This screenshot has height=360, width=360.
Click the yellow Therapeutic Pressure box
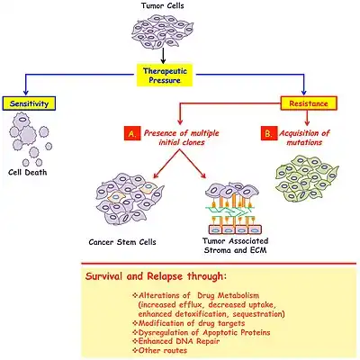[164, 76]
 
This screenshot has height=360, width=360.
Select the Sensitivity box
[29, 103]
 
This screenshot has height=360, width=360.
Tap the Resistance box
[309, 103]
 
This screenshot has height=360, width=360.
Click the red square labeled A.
[132, 134]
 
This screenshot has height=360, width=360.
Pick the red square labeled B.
[268, 134]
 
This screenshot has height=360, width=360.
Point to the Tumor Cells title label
[163, 5]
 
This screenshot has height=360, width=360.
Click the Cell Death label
[28, 173]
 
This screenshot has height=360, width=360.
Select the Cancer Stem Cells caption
[122, 242]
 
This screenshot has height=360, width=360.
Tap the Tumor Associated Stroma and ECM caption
[236, 246]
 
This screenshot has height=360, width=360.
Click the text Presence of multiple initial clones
[182, 138]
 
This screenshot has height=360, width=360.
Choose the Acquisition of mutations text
[304, 138]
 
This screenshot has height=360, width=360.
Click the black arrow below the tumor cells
[163, 56]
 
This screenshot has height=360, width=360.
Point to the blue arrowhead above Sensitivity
[26, 93]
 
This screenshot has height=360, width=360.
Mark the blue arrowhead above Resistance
[304, 93]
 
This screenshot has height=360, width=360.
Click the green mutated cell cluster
[307, 178]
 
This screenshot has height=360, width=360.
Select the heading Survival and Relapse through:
[156, 276]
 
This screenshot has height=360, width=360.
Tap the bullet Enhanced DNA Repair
[176, 341]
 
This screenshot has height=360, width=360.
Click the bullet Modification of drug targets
[189, 323]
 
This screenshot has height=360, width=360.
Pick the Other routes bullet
[159, 350]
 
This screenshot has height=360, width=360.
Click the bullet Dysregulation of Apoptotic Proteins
[202, 332]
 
